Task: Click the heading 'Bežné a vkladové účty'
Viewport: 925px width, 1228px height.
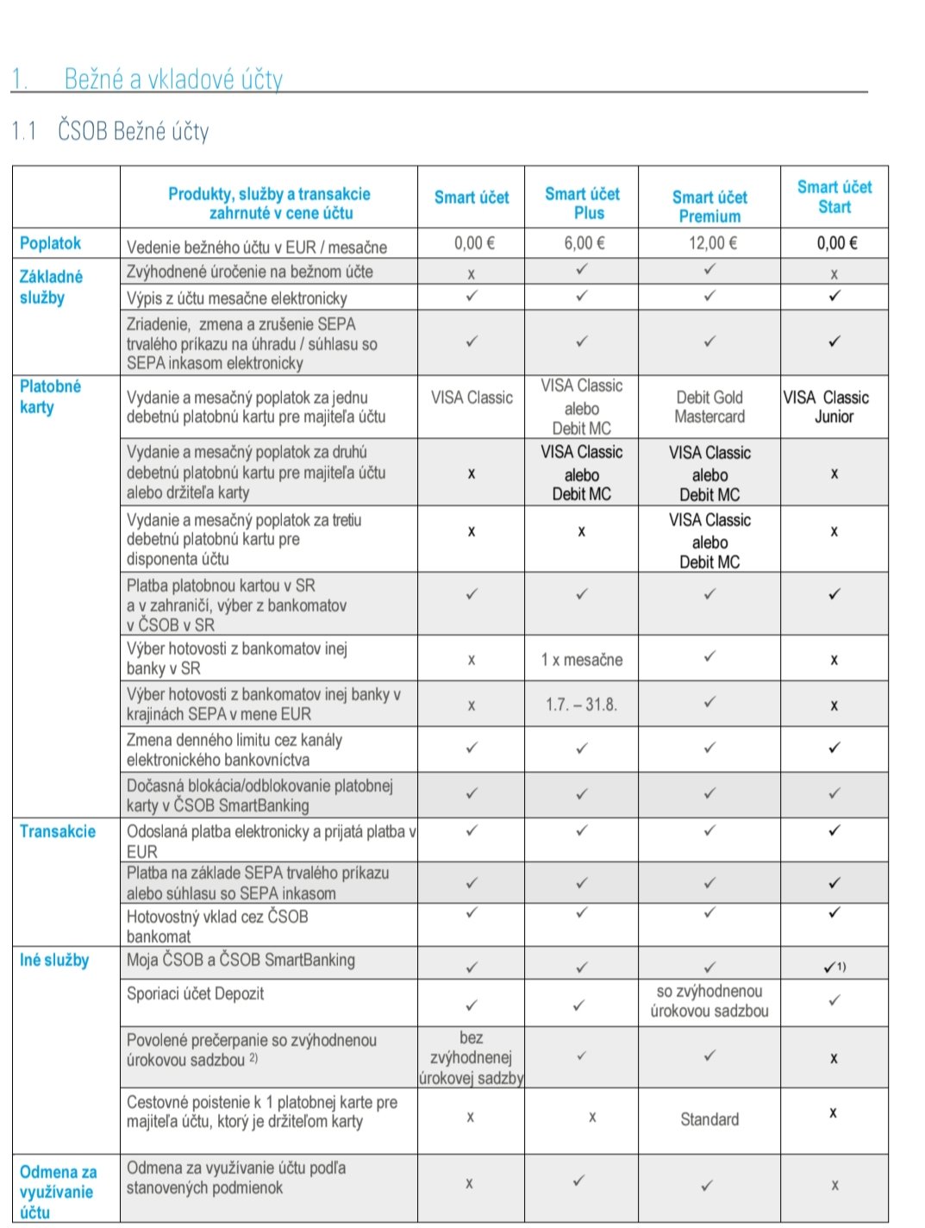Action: click(173, 79)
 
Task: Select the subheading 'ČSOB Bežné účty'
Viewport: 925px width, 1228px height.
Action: click(134, 131)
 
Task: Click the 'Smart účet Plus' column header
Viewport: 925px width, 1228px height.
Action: click(582, 204)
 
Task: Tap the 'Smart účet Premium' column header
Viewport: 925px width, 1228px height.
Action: click(709, 207)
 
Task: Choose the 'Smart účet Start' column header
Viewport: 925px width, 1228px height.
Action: click(834, 197)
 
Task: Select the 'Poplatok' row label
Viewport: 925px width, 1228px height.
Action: click(50, 243)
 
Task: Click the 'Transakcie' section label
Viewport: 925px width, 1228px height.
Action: click(58, 831)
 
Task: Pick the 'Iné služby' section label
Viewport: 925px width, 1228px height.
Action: click(54, 960)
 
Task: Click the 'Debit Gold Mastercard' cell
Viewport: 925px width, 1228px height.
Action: click(709, 407)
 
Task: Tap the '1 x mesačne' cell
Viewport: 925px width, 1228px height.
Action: click(582, 660)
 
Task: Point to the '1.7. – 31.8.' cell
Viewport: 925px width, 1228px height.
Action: click(581, 705)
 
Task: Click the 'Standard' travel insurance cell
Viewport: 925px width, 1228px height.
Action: click(709, 1119)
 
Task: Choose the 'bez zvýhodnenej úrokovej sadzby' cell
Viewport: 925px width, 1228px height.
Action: click(471, 1057)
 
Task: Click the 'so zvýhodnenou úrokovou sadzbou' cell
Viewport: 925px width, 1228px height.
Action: click(709, 1001)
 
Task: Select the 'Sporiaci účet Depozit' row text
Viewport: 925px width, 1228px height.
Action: click(196, 993)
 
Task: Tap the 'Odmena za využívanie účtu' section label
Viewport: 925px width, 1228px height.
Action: click(58, 1192)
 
